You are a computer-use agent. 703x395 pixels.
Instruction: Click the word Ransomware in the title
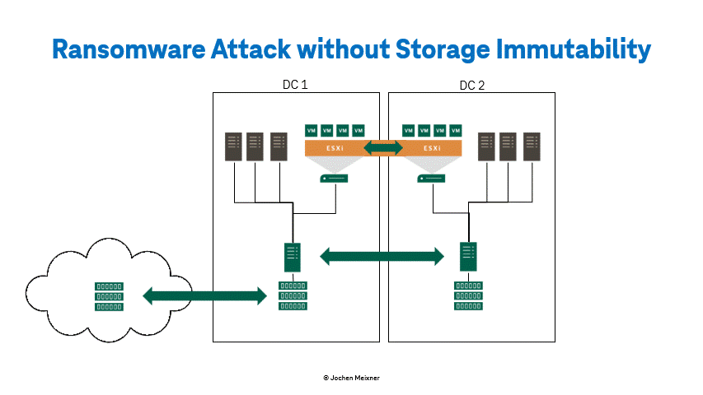click(x=129, y=49)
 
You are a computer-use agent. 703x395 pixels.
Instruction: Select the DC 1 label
click(x=295, y=85)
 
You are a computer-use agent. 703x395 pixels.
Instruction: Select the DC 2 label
click(x=472, y=85)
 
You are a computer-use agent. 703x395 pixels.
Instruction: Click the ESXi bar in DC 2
click(x=431, y=148)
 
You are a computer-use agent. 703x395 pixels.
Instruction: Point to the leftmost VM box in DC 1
click(x=312, y=131)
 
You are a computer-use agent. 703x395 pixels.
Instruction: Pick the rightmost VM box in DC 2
click(x=456, y=131)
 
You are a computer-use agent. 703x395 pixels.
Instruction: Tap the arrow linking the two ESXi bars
click(x=383, y=148)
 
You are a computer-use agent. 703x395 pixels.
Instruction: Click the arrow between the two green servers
click(x=382, y=257)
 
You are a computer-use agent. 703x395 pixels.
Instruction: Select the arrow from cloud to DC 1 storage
click(x=205, y=296)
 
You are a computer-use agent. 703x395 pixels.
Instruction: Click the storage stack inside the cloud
click(x=109, y=296)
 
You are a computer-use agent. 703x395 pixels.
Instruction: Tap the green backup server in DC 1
click(x=293, y=257)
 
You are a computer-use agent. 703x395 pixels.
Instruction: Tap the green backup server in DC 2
click(x=468, y=257)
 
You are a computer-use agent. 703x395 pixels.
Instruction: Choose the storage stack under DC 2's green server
click(x=468, y=295)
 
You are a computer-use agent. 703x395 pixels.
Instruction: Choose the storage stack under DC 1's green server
click(x=293, y=295)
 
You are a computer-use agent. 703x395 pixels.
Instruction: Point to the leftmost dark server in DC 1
click(x=233, y=147)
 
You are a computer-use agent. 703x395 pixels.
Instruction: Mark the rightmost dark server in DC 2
click(x=532, y=147)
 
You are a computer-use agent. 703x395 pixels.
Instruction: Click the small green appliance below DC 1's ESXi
click(x=334, y=179)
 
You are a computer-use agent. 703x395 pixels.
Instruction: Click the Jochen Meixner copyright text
click(x=351, y=378)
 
